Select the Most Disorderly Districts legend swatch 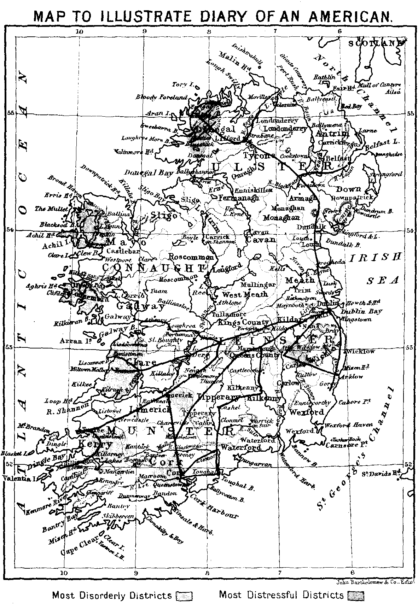click(x=184, y=596)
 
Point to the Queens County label click(x=255, y=355)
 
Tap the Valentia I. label click(x=19, y=479)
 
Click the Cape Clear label click(x=78, y=551)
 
